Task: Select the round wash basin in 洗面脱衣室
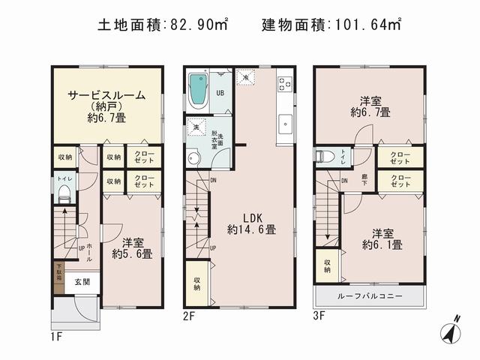[194, 157]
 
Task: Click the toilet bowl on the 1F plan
[63, 196]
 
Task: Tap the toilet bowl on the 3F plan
[325, 157]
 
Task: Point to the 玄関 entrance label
[82, 283]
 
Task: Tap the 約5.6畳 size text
[132, 253]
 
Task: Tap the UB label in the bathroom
[220, 93]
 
